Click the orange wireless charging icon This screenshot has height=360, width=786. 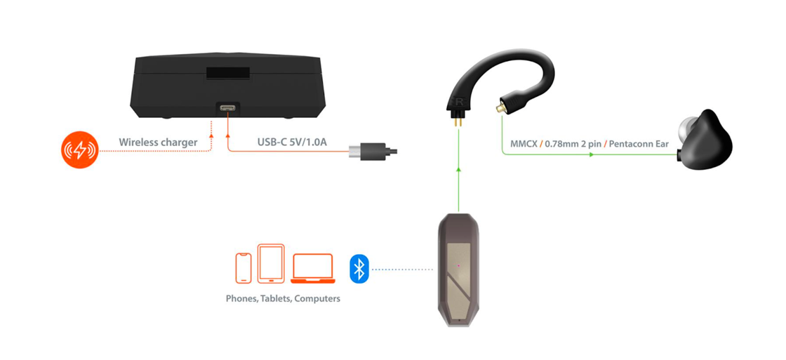pyautogui.click(x=80, y=149)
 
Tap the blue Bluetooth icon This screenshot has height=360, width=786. pyautogui.click(x=359, y=269)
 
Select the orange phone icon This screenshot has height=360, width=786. pyautogui.click(x=244, y=268)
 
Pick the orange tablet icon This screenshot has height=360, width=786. pyautogui.click(x=271, y=264)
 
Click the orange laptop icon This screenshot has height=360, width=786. pyautogui.click(x=313, y=269)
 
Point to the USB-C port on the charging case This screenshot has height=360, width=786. pyautogui.click(x=228, y=107)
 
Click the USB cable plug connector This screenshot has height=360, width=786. pyautogui.click(x=373, y=149)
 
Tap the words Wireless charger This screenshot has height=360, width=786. pyautogui.click(x=159, y=142)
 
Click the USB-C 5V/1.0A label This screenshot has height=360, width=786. pyautogui.click(x=292, y=142)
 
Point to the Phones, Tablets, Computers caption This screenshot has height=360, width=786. pyautogui.click(x=284, y=299)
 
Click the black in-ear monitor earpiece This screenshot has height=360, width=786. pyautogui.click(x=705, y=140)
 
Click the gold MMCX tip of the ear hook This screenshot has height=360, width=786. pyautogui.click(x=500, y=107)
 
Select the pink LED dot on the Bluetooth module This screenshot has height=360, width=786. pyautogui.click(x=458, y=265)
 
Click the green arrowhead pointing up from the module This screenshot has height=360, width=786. pyautogui.click(x=458, y=169)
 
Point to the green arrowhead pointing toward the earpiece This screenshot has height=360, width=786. pyautogui.click(x=593, y=154)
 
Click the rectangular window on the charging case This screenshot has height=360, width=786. pyautogui.click(x=228, y=72)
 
